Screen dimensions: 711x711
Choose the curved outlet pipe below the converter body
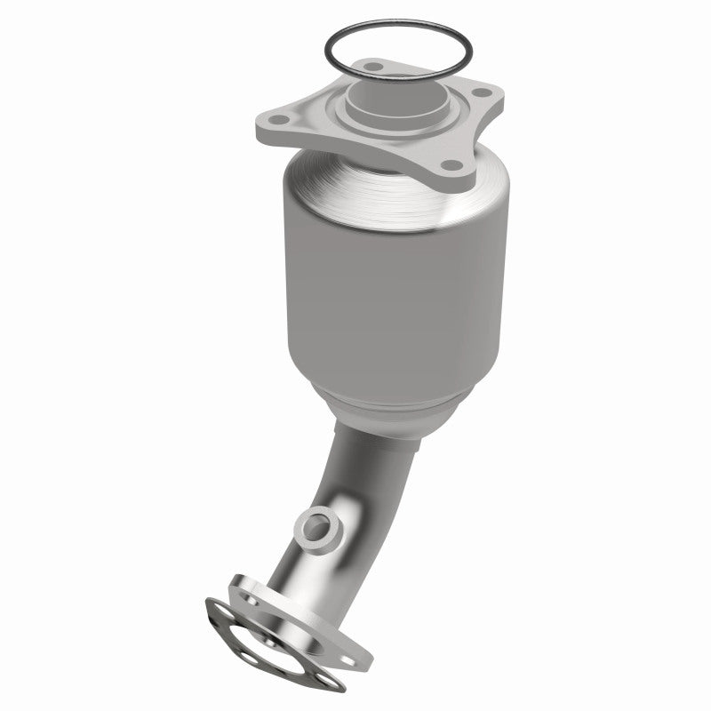(347, 498)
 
